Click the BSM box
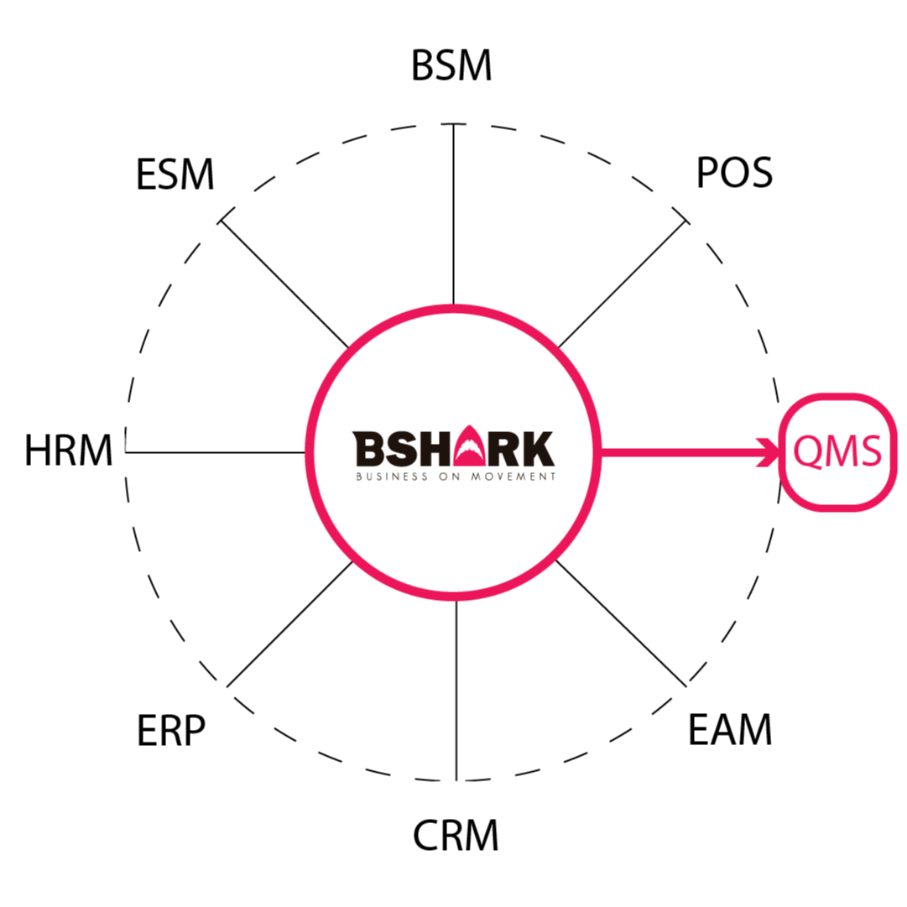453,66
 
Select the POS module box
731,175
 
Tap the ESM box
175,175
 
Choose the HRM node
69,451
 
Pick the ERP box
174,731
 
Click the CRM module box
454,835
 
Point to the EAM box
732,730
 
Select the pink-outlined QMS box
837,452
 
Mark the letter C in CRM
426,836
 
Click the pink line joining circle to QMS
680,453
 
